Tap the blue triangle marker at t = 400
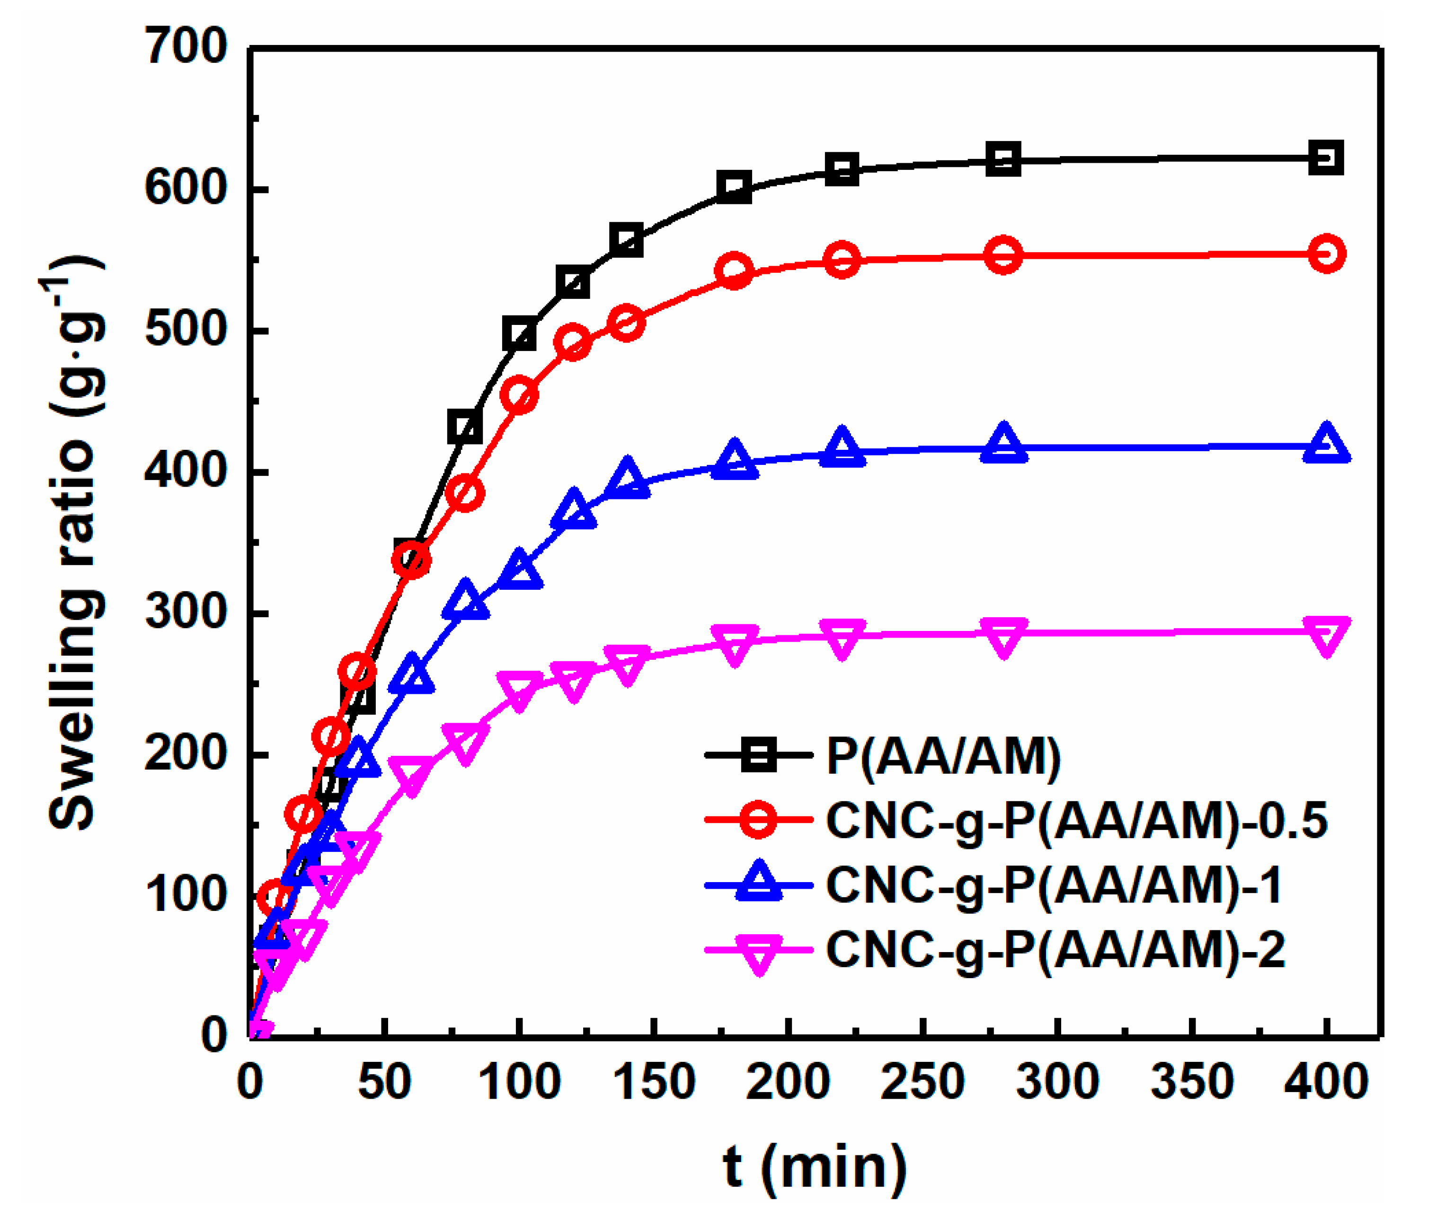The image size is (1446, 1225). pyautogui.click(x=1326, y=445)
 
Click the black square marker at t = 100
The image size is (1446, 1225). pyautogui.click(x=519, y=334)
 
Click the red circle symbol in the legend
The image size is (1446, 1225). pyautogui.click(x=758, y=820)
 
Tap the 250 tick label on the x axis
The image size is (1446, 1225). pyautogui.click(x=922, y=1081)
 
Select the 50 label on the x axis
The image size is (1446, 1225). pyautogui.click(x=384, y=1081)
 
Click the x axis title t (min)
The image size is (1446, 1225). pyautogui.click(x=814, y=1167)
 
